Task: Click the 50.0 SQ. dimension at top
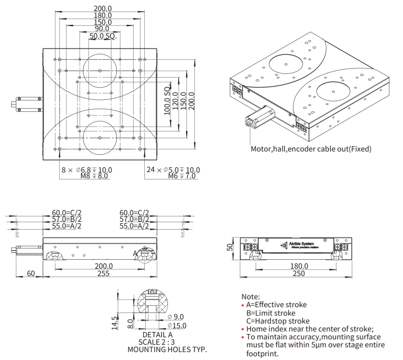pos(102,36)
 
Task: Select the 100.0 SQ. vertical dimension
pos(167,99)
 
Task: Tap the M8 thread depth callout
pos(93,176)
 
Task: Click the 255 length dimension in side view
pos(103,273)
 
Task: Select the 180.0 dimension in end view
pos(298,266)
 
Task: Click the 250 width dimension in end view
pos(298,273)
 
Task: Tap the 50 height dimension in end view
pos(230,248)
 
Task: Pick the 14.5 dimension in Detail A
pos(115,322)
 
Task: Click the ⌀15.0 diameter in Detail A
pos(176,326)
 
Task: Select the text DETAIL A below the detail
pos(157,334)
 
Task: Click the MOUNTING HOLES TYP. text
pos(167,349)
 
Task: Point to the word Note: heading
pos(250,297)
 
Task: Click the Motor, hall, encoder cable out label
pos(311,149)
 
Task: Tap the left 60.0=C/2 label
pos(67,213)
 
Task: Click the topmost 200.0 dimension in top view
pos(102,8)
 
